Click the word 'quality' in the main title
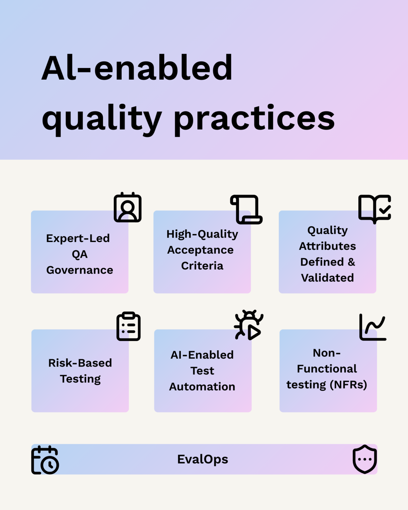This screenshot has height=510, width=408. point(102,120)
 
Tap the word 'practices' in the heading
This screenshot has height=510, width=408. point(254,120)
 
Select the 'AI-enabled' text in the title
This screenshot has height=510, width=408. point(137,68)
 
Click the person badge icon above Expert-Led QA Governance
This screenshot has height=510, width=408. point(128,207)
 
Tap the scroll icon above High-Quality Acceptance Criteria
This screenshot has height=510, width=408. point(246,209)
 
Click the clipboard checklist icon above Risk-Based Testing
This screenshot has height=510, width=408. point(129,326)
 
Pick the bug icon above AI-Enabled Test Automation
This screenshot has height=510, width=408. point(249,325)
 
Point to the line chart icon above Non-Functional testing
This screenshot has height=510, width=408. point(373,327)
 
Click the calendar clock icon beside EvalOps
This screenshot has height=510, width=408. point(45,460)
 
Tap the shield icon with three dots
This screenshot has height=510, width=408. point(365,459)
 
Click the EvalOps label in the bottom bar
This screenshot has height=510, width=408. point(203,459)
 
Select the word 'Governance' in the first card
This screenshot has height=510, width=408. point(80,270)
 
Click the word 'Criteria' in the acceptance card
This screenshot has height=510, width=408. point(202,266)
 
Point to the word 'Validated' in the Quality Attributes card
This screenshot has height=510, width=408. point(327,277)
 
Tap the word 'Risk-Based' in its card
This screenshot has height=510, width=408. point(80,363)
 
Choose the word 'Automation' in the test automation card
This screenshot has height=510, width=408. point(202,387)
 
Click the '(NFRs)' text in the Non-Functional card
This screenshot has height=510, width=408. point(348,385)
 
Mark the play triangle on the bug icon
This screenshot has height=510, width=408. point(254,332)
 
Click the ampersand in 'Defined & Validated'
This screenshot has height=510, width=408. point(352,262)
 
